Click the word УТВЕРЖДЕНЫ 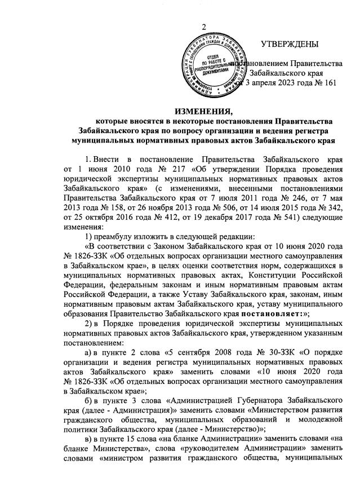pyautogui.click(x=290, y=44)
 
